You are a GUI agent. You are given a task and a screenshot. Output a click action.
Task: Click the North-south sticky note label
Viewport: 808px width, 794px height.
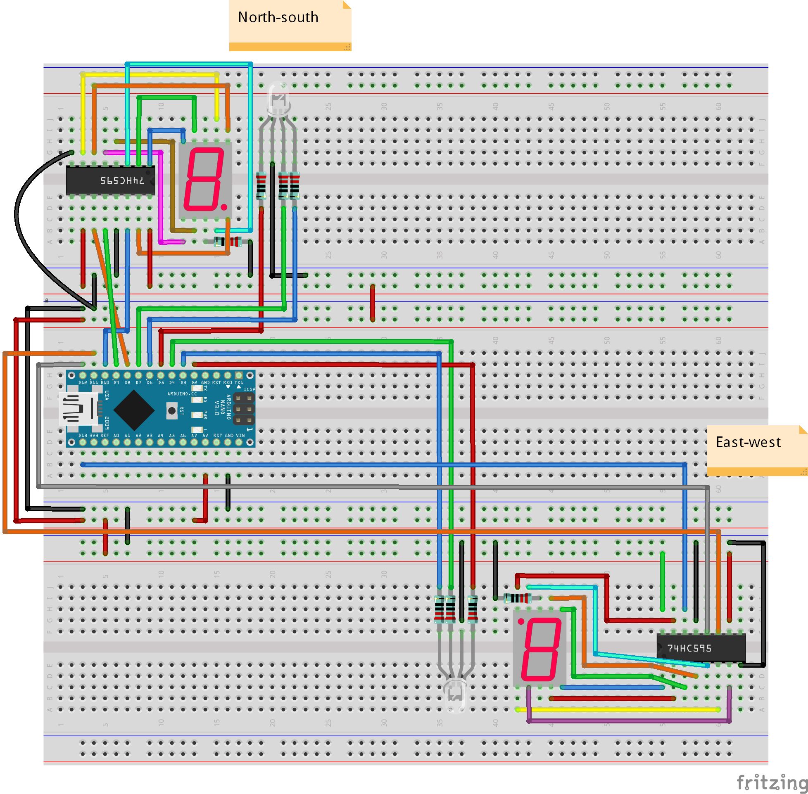pyautogui.click(x=278, y=17)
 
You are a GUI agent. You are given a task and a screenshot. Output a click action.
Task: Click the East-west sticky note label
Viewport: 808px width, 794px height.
pyautogui.click(x=748, y=443)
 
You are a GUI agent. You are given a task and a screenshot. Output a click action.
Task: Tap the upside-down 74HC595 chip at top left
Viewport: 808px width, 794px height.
pyautogui.click(x=111, y=180)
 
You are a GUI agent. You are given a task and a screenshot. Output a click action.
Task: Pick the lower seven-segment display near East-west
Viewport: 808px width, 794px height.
pyautogui.click(x=539, y=649)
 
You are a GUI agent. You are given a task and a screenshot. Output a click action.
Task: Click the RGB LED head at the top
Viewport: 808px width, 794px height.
pyautogui.click(x=279, y=99)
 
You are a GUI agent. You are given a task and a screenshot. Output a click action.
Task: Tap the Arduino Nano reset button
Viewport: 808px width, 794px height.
pyautogui.click(x=171, y=411)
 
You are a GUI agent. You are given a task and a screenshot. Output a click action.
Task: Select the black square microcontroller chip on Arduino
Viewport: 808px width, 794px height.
pyautogui.click(x=133, y=410)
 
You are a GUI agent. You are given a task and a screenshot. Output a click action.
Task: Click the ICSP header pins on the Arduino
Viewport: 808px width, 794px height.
pyautogui.click(x=244, y=409)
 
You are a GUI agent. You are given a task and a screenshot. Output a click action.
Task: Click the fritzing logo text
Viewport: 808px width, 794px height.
pyautogui.click(x=772, y=782)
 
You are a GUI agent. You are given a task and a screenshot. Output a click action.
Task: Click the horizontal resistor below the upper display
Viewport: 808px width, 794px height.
pyautogui.click(x=227, y=242)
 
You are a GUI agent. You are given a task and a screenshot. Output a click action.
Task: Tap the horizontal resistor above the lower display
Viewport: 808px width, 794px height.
pyautogui.click(x=518, y=598)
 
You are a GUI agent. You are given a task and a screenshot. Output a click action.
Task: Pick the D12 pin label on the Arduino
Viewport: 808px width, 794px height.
pyautogui.click(x=83, y=382)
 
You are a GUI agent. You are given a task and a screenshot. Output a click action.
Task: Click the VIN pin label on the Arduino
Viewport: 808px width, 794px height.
pyautogui.click(x=240, y=435)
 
